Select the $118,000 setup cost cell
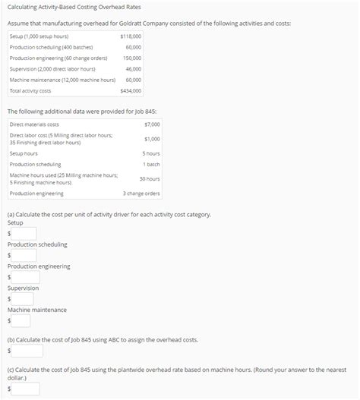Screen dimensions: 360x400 (131, 36)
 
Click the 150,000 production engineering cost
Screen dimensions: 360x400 (132, 58)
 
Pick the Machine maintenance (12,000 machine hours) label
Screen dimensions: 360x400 (62, 80)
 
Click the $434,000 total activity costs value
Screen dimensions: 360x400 (131, 91)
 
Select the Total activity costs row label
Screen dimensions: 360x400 (30, 91)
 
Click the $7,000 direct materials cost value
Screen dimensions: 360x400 (151, 124)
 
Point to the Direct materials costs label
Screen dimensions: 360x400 (34, 124)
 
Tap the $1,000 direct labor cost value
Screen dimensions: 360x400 (151, 139)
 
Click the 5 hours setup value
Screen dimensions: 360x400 (150, 153)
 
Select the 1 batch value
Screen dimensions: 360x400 (151, 164)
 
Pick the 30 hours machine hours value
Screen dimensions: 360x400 (150, 179)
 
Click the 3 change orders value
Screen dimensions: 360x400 (141, 194)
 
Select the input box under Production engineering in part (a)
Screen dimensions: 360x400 (24, 277)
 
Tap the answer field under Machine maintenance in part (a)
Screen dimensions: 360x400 (24, 320)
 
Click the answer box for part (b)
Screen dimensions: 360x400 (26, 351)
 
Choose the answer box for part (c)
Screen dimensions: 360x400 (26, 389)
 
